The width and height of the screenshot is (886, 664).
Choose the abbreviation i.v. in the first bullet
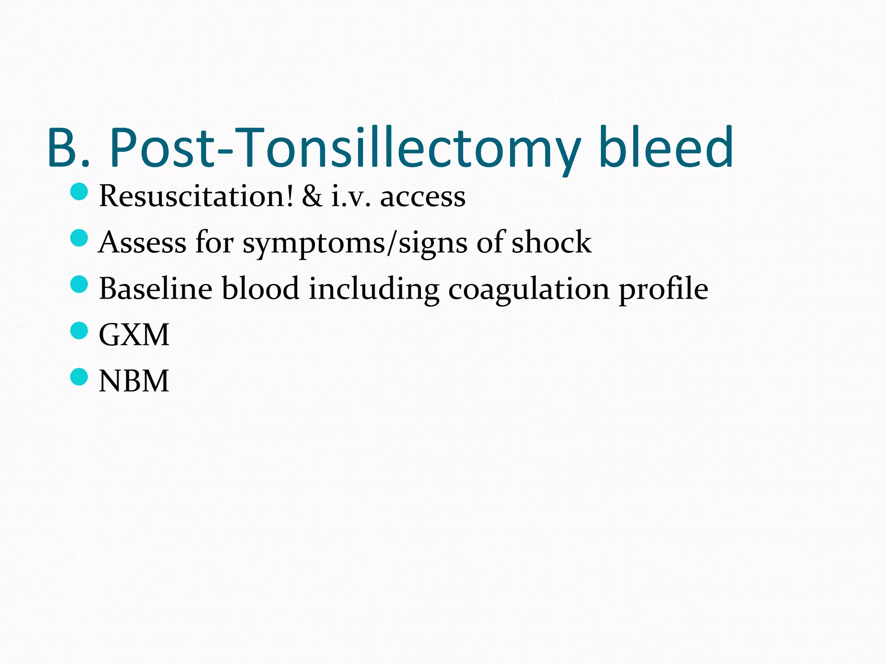coord(351,197)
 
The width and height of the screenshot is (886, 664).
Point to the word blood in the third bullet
coord(260,288)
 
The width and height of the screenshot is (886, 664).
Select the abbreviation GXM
coord(134,335)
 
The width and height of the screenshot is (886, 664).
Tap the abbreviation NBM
coord(134,381)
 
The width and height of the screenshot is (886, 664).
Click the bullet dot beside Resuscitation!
coord(79,192)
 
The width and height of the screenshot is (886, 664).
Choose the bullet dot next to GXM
coord(79,330)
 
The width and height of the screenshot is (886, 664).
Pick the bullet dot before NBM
coord(79,377)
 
